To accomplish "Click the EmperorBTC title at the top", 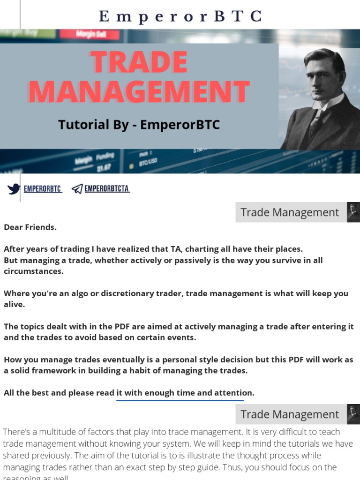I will [180, 16].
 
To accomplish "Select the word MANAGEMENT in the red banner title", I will [139, 92].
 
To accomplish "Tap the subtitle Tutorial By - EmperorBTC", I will [139, 125].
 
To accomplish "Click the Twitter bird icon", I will [14, 189].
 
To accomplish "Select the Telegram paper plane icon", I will [77, 189].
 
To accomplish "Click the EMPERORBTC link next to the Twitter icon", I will [43, 189].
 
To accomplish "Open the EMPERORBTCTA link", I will [107, 189].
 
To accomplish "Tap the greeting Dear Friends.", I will [30, 227].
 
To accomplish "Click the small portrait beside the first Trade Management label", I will [353, 212].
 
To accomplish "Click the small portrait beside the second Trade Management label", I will [353, 414].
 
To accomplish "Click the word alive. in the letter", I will [14, 304].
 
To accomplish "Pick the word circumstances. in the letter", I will [33, 271].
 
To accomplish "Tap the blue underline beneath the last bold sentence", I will [180, 401].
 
